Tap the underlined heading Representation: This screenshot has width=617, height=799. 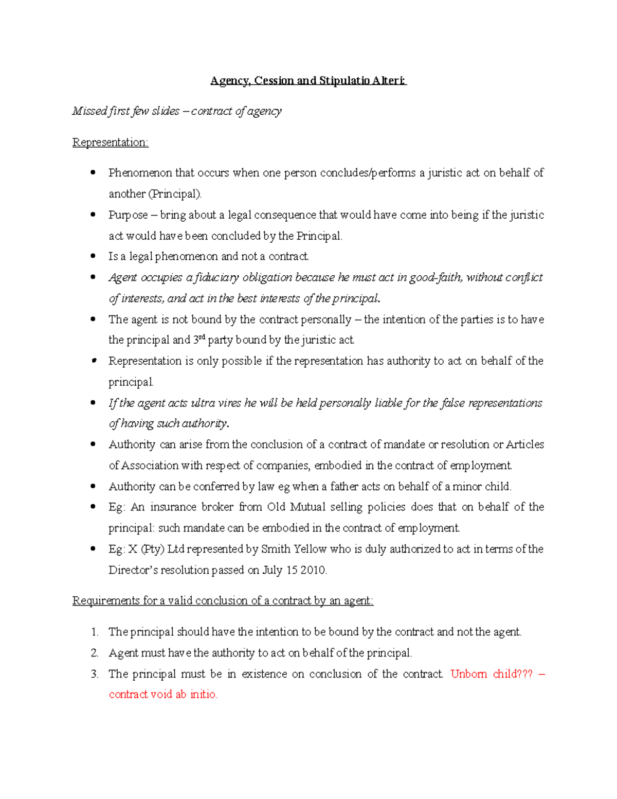tap(110, 143)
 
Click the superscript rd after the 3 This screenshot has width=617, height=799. tap(202, 338)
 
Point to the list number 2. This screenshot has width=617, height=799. tap(95, 653)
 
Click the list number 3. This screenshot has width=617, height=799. tap(95, 674)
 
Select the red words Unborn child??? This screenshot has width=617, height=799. tap(492, 674)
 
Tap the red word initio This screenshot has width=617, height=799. tap(204, 695)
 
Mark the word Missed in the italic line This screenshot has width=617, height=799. tap(89, 111)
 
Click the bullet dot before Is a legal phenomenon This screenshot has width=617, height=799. tap(93, 256)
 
